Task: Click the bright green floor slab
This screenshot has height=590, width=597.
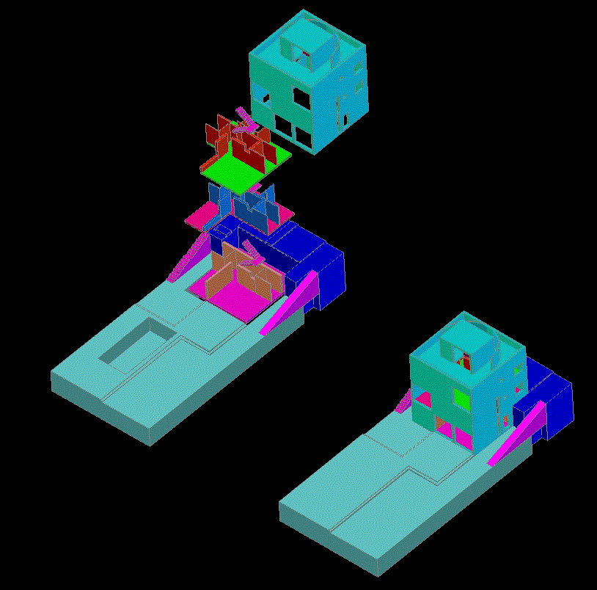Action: click(x=233, y=168)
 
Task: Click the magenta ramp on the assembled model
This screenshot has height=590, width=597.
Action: click(x=518, y=434)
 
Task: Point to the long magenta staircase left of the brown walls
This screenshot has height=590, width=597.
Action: click(x=188, y=257)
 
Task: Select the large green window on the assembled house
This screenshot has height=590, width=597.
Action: click(x=461, y=399)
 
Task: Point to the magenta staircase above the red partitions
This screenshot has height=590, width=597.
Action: click(x=246, y=117)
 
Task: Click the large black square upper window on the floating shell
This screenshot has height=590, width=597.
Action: click(x=301, y=97)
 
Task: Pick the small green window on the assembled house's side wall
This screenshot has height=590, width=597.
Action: click(x=519, y=369)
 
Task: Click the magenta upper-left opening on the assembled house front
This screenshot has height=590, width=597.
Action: click(x=422, y=398)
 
